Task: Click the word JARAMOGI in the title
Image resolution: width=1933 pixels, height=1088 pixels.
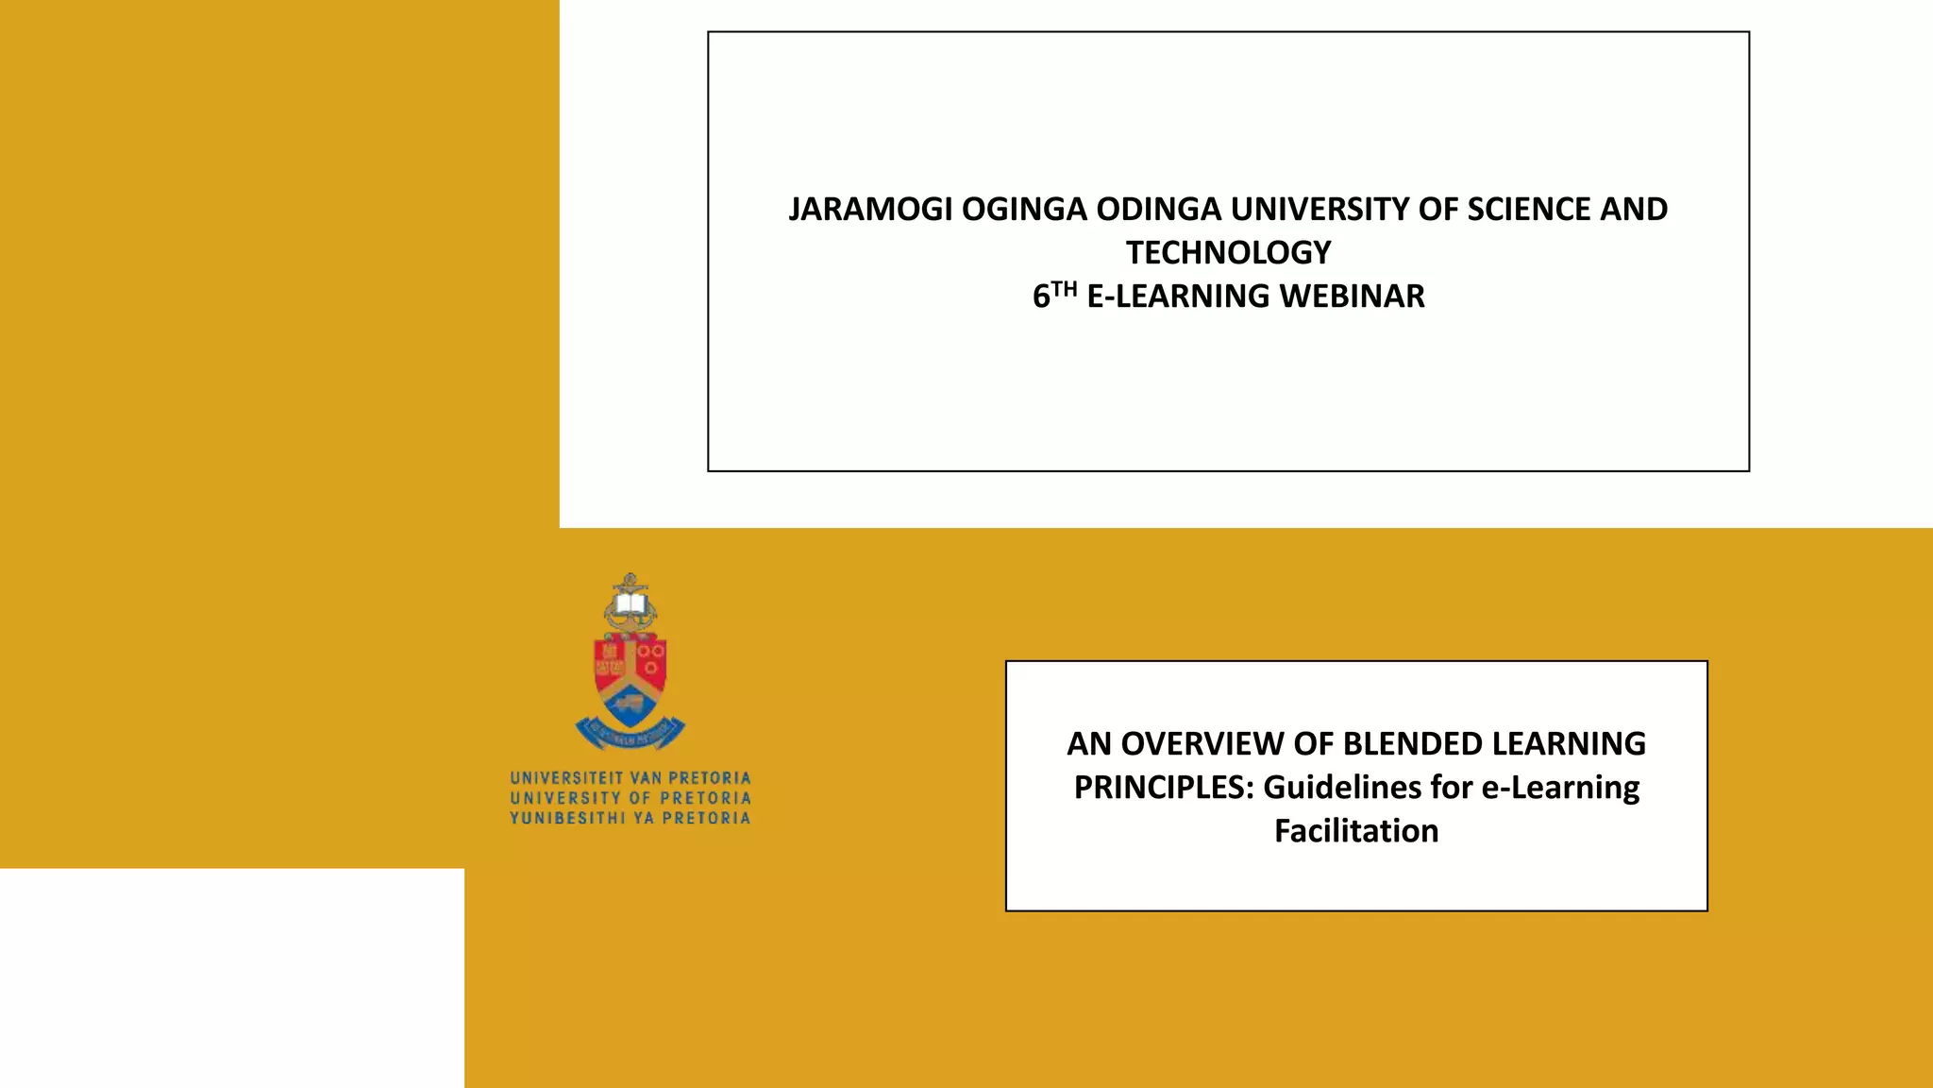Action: pyautogui.click(x=870, y=210)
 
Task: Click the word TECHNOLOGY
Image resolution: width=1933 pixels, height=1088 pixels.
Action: pyautogui.click(x=1228, y=253)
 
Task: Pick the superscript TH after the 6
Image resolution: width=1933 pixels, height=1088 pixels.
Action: pyautogui.click(x=1064, y=289)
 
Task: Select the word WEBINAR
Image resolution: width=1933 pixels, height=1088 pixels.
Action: pyautogui.click(x=1352, y=297)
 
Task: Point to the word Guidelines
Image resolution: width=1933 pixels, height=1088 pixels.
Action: pyautogui.click(x=1341, y=788)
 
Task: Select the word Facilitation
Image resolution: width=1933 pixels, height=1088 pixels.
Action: pyautogui.click(x=1356, y=831)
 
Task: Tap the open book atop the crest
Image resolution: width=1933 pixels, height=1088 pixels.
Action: pyautogui.click(x=630, y=603)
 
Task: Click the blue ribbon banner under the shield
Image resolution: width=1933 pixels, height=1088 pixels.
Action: pyautogui.click(x=630, y=733)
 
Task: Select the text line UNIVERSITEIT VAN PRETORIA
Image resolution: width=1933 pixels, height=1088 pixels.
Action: pyautogui.click(x=630, y=778)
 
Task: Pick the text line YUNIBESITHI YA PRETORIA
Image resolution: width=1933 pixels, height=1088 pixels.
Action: pyautogui.click(x=630, y=818)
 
